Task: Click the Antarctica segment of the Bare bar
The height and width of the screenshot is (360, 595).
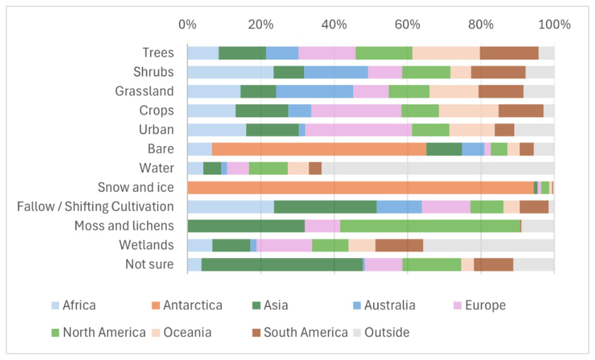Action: pyautogui.click(x=319, y=149)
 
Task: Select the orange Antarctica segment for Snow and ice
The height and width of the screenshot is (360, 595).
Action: pyautogui.click(x=360, y=188)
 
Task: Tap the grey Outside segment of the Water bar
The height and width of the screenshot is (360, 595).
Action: pyautogui.click(x=438, y=168)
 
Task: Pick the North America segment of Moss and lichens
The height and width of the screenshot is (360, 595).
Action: pyautogui.click(x=430, y=226)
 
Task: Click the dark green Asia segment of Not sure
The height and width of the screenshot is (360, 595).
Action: pyautogui.click(x=282, y=264)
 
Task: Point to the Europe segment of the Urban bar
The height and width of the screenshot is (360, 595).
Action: pyautogui.click(x=358, y=130)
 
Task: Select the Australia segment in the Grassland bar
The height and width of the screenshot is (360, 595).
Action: pyautogui.click(x=314, y=92)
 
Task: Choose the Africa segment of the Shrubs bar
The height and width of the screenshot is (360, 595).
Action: pyautogui.click(x=230, y=73)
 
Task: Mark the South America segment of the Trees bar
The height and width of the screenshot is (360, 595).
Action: pyautogui.click(x=509, y=53)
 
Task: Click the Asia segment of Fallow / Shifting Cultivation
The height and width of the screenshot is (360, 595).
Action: pyautogui.click(x=325, y=207)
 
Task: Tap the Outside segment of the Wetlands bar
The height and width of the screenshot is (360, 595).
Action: pyautogui.click(x=488, y=245)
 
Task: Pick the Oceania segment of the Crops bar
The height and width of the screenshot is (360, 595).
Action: pyautogui.click(x=469, y=111)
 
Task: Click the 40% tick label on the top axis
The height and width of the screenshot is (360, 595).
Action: pyautogui.click(x=334, y=24)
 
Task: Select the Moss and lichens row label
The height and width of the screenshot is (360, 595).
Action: pyautogui.click(x=124, y=226)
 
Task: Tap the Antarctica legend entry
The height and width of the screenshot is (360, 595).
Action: pyautogui.click(x=192, y=305)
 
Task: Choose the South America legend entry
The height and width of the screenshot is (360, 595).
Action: pyautogui.click(x=305, y=332)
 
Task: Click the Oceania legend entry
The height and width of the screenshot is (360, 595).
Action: pyautogui.click(x=187, y=332)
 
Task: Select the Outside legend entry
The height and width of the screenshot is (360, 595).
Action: pyautogui.click(x=387, y=332)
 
